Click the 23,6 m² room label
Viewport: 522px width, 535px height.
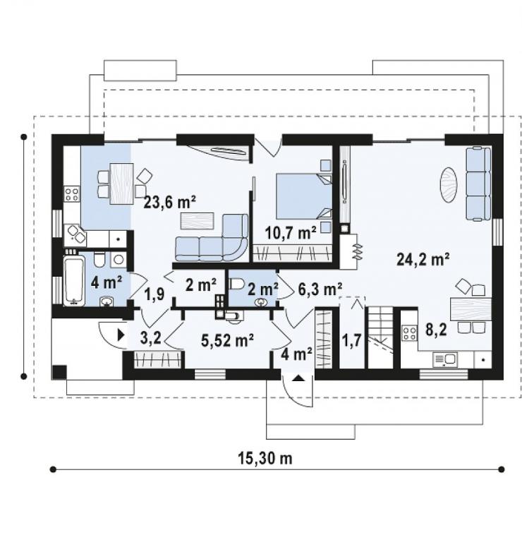tap(169, 202)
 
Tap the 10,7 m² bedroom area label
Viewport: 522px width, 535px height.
tap(291, 233)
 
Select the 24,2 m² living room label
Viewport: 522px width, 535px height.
tap(423, 259)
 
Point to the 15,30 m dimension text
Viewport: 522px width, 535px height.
tap(265, 459)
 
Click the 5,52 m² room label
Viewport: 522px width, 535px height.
tap(227, 340)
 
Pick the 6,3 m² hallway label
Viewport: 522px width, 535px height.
tap(320, 289)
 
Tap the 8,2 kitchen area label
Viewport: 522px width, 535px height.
tap(436, 330)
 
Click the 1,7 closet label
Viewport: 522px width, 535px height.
tap(351, 340)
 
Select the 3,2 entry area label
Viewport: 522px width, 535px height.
tap(150, 339)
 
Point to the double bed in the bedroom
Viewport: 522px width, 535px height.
tap(303, 196)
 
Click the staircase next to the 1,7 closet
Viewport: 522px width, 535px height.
tap(380, 337)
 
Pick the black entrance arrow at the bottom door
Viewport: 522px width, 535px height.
tap(298, 378)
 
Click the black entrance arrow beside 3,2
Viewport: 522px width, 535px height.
tap(121, 335)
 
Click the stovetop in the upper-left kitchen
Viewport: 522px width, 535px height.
tap(72, 193)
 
